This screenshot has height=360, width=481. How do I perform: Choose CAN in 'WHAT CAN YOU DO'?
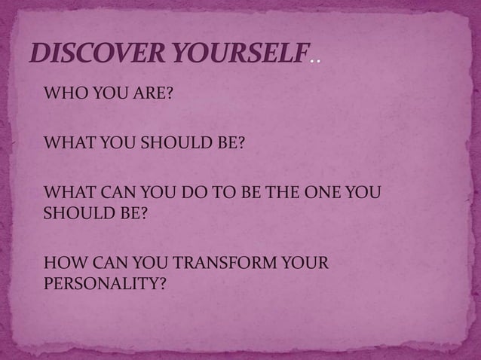(118, 192)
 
